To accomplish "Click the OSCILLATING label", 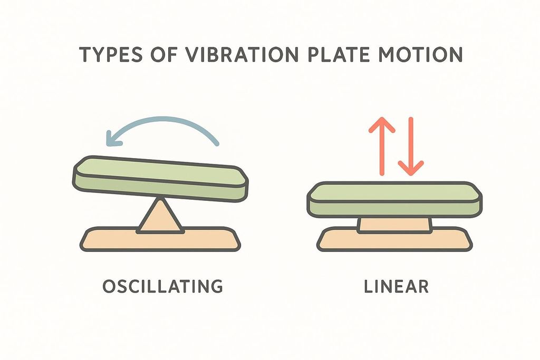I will coord(162,287).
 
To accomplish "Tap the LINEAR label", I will coord(396,287).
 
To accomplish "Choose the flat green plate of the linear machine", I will coord(395,199).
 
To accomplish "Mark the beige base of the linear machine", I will coord(395,240).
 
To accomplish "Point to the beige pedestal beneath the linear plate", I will coord(395,225).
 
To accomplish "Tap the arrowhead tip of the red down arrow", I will coord(410,174).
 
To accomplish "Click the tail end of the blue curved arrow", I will coord(217,143).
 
